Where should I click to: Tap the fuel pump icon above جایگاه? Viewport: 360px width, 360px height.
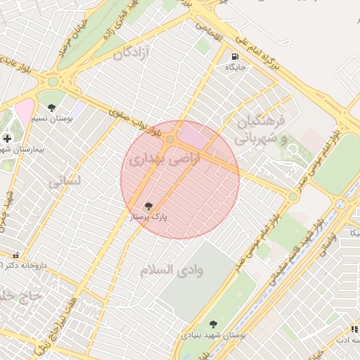[x=233, y=56]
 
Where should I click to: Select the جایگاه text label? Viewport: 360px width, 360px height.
[x=233, y=67]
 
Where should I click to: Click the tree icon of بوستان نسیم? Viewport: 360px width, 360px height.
[x=52, y=108]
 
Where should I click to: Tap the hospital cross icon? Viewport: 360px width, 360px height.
[x=7, y=139]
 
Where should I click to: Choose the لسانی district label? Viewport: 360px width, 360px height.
[x=65, y=181]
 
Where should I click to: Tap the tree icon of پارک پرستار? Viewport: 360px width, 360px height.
[x=148, y=207]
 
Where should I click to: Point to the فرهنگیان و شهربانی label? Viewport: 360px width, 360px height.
[x=262, y=129]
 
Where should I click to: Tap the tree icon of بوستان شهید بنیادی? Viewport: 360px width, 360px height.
[x=213, y=324]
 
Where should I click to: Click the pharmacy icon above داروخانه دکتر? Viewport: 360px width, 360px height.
[x=16, y=255]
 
